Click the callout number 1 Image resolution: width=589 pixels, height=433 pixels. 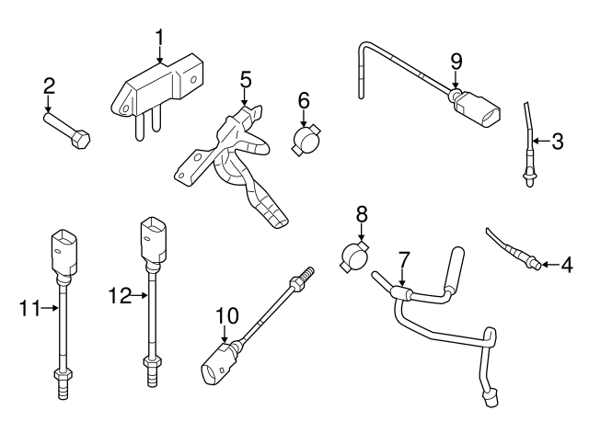tap(159, 38)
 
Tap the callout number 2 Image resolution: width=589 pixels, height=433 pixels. tap(49, 87)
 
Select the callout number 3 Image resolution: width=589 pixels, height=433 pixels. tap(557, 142)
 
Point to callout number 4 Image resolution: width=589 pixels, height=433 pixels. tap(566, 265)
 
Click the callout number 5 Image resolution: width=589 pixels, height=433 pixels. tap(246, 80)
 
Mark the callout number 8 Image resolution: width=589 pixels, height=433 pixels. tap(361, 214)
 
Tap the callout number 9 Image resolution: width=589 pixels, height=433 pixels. tap(455, 62)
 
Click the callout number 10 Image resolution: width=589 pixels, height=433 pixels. tap(226, 316)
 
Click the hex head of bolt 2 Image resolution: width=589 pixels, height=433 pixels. tap(81, 142)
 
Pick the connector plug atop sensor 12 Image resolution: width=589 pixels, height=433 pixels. tap(150, 238)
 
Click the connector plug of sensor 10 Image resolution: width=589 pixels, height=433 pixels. tap(217, 367)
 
